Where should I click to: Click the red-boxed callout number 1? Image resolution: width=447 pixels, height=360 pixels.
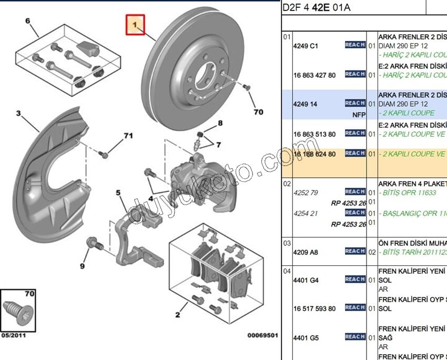[135, 25]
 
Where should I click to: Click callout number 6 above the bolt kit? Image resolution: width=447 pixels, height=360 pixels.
[27, 22]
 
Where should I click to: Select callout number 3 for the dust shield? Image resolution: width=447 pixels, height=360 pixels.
[18, 114]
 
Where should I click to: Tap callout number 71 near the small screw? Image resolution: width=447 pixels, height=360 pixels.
[128, 136]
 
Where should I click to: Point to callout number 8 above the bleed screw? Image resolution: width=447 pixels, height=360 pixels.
[220, 124]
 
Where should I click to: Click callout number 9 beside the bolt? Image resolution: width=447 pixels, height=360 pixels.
[83, 266]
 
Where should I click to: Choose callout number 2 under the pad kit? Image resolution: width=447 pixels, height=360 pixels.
[178, 314]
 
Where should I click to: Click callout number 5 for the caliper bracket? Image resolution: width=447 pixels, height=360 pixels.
[119, 193]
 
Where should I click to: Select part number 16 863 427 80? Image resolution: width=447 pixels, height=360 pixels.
[314, 75]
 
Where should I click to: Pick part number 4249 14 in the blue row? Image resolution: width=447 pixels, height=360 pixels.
[305, 104]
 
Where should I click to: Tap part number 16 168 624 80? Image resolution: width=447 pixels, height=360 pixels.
[314, 154]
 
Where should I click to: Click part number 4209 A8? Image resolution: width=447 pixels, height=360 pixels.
[306, 252]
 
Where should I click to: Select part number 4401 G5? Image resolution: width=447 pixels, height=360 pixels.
[306, 337]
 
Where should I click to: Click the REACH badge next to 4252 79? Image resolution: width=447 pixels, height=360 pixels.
[355, 192]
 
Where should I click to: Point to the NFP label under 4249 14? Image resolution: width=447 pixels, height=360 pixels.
[359, 114]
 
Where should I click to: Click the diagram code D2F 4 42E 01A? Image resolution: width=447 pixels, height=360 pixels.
[316, 7]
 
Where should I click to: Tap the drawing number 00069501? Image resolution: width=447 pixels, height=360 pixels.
[262, 335]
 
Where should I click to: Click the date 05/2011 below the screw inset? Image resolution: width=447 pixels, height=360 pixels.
[13, 335]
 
